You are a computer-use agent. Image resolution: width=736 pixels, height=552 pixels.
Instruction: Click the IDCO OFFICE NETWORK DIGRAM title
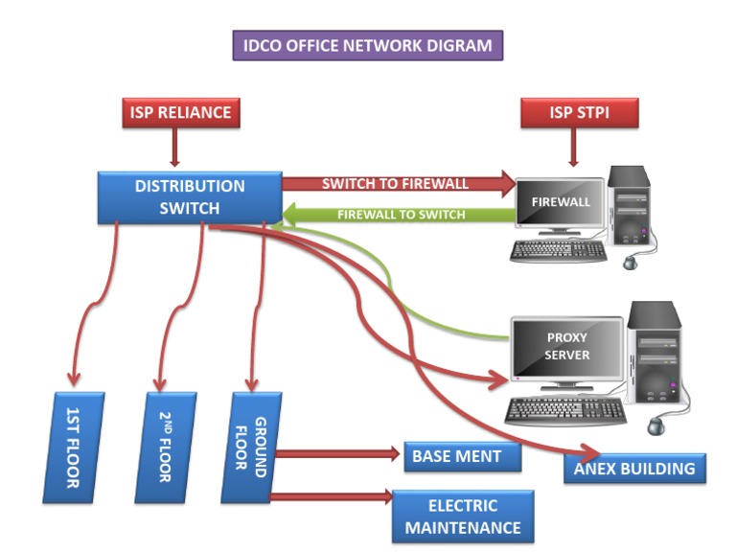[x=367, y=45]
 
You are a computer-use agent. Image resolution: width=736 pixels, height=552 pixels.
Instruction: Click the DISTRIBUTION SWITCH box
[x=190, y=197]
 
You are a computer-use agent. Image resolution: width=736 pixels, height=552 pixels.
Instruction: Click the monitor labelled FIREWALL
[x=561, y=203]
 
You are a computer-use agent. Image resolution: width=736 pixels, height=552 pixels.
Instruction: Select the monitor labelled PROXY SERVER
[x=567, y=348]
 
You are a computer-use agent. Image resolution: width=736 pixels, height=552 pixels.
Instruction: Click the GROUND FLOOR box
[x=246, y=448]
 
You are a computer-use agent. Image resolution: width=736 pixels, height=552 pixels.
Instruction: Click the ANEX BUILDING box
[x=633, y=469]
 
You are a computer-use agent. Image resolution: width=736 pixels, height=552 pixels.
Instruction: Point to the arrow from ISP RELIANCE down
[x=174, y=149]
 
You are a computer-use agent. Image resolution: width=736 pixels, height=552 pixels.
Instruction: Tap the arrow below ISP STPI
[x=572, y=149]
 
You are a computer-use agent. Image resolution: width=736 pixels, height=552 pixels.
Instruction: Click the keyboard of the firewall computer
[x=559, y=251]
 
